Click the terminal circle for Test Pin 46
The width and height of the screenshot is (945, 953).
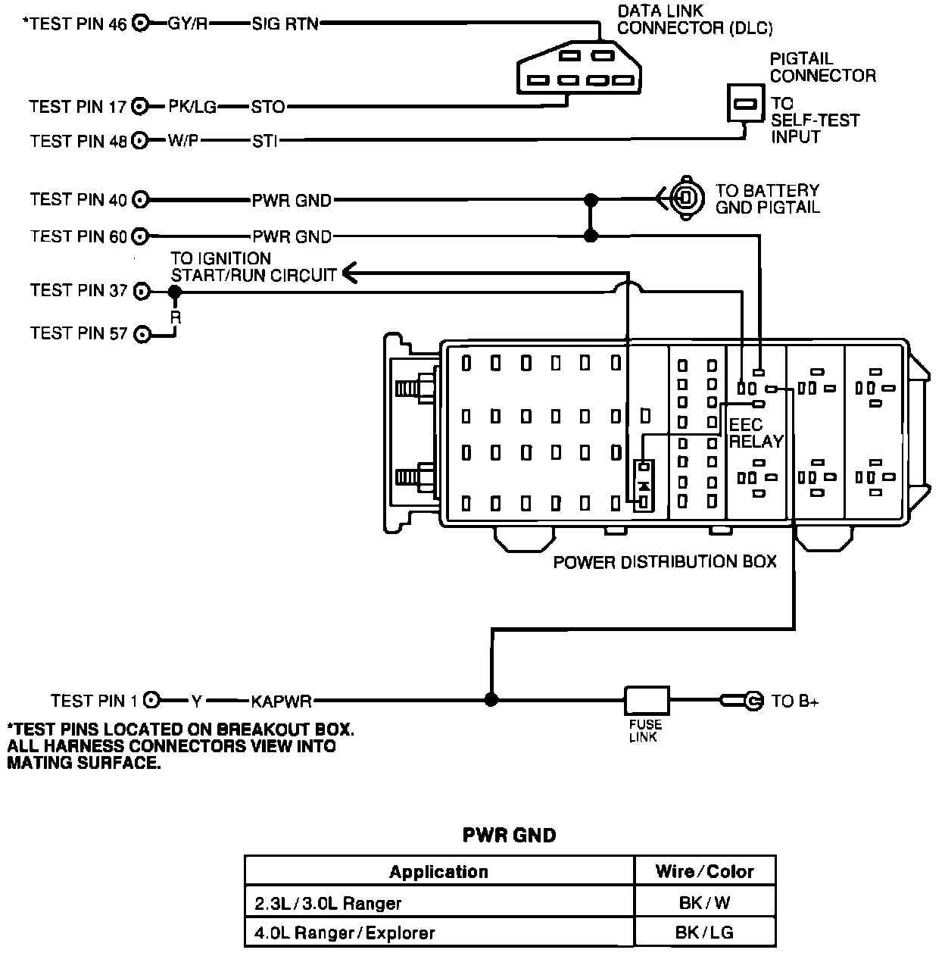click(140, 23)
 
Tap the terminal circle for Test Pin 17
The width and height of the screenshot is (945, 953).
click(140, 107)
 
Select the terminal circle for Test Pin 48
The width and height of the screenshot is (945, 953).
click(140, 141)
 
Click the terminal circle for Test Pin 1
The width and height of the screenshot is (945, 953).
click(151, 701)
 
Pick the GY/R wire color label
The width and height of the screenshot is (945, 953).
click(187, 23)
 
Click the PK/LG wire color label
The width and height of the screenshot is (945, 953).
click(192, 107)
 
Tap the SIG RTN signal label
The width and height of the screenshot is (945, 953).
click(285, 23)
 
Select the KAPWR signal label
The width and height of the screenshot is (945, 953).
click(282, 701)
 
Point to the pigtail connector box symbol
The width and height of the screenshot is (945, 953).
click(745, 102)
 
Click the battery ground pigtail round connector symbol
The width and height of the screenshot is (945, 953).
click(685, 199)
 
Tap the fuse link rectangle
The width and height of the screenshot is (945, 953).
click(646, 701)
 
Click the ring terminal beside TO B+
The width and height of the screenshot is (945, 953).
click(750, 701)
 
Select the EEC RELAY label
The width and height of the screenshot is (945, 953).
click(755, 433)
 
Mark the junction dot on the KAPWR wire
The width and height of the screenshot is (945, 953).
click(491, 700)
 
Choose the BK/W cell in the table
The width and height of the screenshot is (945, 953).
click(704, 902)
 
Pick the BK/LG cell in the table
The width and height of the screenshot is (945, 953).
click(704, 933)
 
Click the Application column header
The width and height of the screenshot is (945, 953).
click(438, 871)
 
